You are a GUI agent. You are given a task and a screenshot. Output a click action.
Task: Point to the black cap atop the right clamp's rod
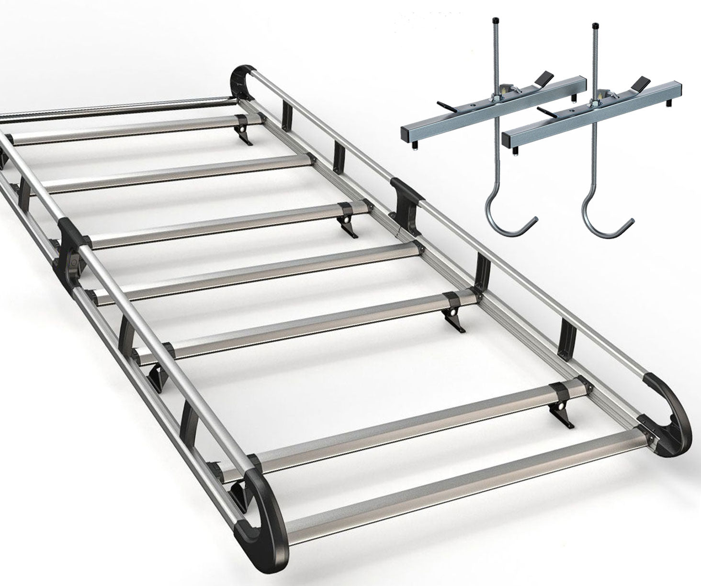click(596, 25)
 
